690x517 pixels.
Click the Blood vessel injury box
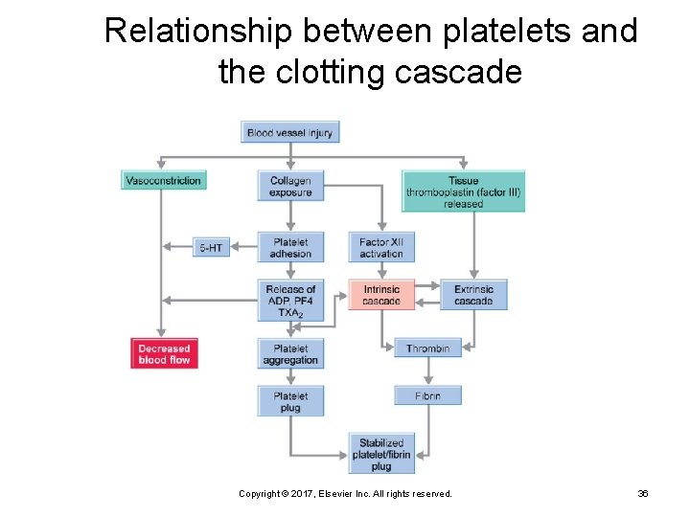289,132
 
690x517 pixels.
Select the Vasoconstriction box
164,180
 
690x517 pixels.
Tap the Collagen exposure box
290,186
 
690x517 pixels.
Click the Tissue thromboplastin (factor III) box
463,191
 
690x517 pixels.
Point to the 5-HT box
211,247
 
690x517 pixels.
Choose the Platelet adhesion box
290,247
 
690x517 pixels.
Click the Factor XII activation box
380,247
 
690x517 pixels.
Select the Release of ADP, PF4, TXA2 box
290,301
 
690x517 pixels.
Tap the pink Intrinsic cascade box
380,295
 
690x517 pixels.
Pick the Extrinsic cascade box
473,295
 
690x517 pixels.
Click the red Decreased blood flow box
164,353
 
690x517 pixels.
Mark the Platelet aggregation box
290,353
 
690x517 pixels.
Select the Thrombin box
427,348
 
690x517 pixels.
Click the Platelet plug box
290,401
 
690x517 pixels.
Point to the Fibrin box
427,395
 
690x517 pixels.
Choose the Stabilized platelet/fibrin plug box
380,454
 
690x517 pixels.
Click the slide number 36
643,493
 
